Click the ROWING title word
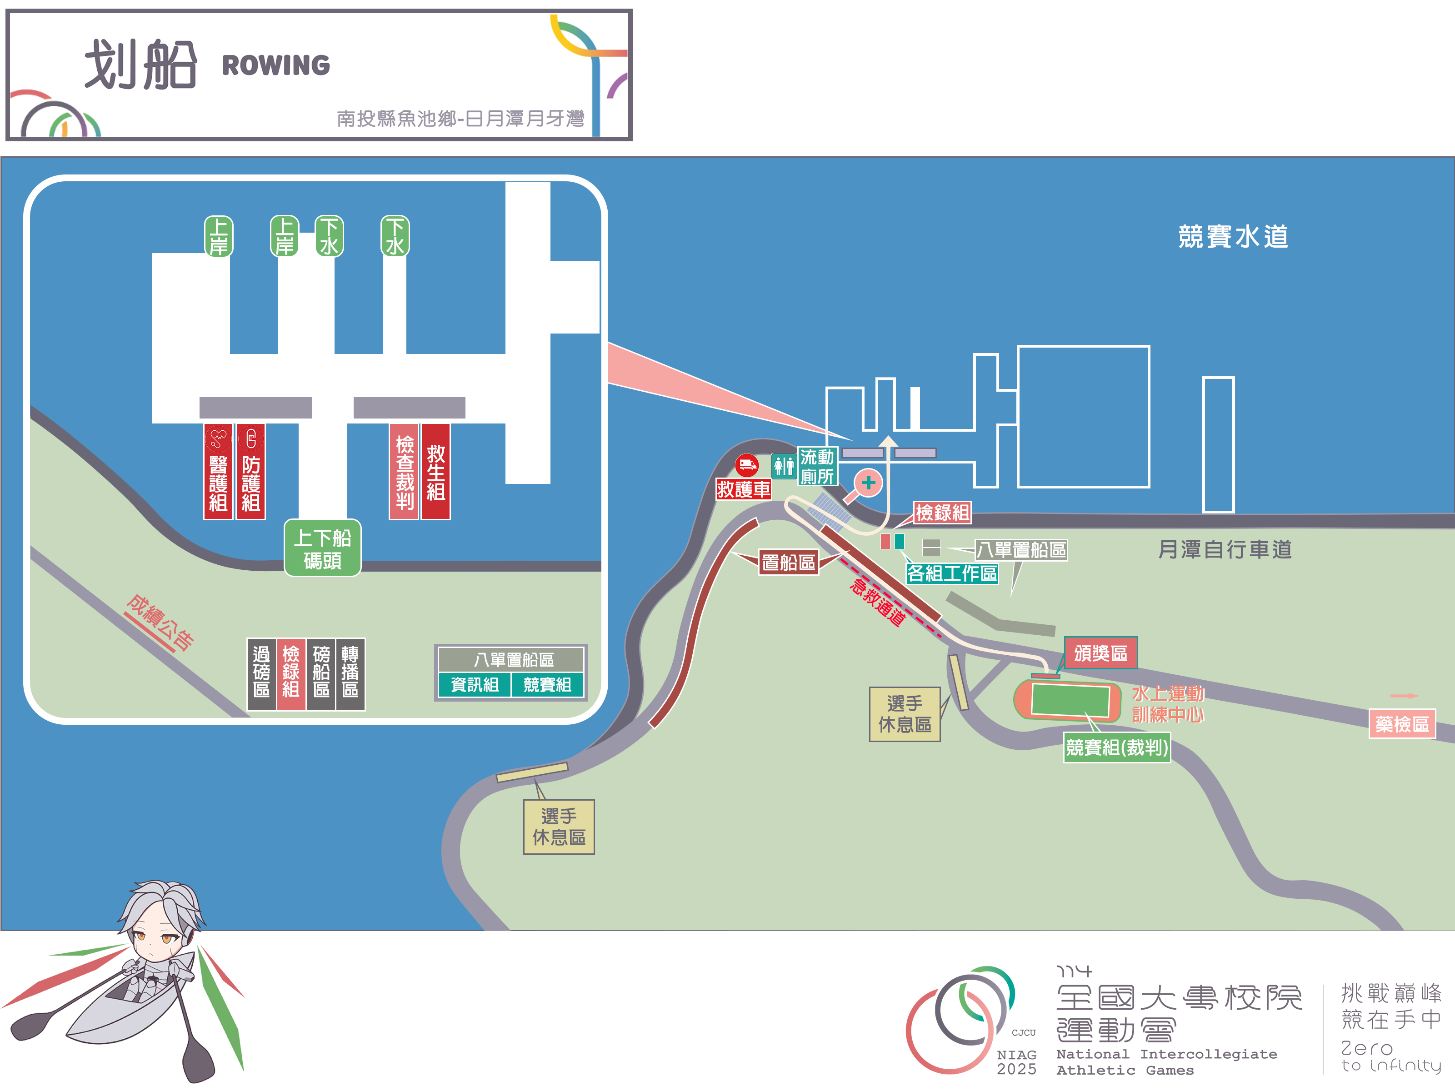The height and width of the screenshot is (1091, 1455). coord(275,65)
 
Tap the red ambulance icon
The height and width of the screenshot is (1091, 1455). coord(746,465)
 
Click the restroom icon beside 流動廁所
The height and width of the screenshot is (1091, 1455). coord(784,466)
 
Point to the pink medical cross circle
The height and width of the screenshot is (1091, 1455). coord(868,483)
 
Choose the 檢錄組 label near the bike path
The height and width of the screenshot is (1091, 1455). coord(942,512)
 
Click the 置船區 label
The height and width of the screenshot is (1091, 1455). coord(788,562)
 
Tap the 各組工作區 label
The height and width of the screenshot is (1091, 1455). coord(951,573)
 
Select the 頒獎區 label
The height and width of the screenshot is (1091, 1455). coord(1100,653)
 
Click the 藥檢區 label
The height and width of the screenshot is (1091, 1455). coord(1402,724)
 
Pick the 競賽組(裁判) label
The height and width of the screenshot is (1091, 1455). coord(1117,748)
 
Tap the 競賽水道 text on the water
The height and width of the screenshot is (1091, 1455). coord(1233,237)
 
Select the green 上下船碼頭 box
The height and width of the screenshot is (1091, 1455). coord(322,548)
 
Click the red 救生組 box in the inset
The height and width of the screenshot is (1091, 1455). coord(435,472)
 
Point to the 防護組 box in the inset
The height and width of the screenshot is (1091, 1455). coord(250,472)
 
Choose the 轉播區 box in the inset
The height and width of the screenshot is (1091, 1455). coord(350,673)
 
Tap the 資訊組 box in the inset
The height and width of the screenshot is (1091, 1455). coord(474,685)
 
